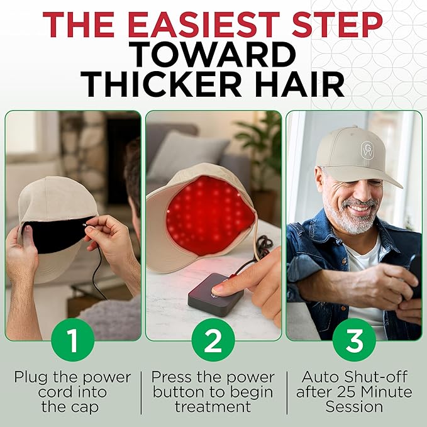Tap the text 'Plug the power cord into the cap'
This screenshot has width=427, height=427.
pyautogui.click(x=72, y=392)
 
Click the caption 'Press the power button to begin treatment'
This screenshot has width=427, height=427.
pyautogui.click(x=214, y=392)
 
